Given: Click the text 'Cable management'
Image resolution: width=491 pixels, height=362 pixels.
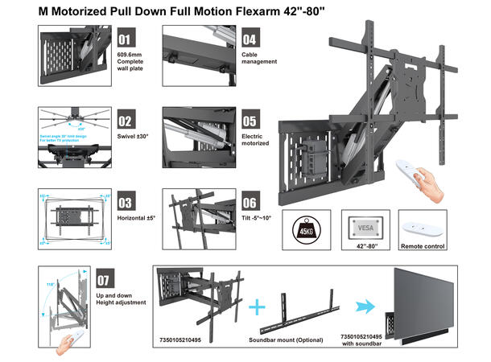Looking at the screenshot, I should coord(259,57).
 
